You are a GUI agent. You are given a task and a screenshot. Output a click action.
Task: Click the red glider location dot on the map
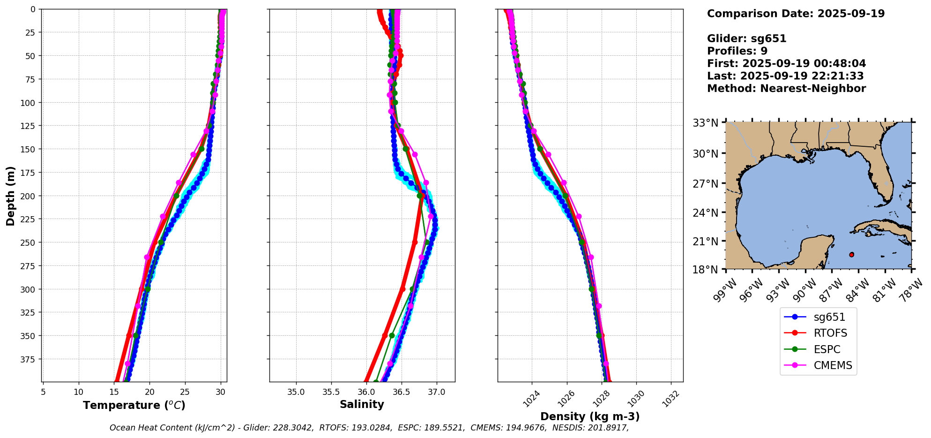[x=851, y=255]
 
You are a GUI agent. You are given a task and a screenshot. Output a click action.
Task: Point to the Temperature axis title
[x=134, y=405]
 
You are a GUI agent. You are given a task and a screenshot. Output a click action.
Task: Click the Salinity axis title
[x=362, y=404]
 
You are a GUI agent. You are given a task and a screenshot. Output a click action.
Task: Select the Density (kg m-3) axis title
[x=590, y=416]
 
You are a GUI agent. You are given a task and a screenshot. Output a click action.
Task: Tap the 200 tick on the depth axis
[x=30, y=196]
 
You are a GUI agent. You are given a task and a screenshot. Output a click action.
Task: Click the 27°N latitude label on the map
[x=706, y=183]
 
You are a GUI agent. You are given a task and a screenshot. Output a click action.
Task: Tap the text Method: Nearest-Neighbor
[x=786, y=89]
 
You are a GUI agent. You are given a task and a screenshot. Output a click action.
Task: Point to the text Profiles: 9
[x=737, y=51]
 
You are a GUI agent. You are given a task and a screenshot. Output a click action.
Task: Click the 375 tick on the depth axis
[x=30, y=359]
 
